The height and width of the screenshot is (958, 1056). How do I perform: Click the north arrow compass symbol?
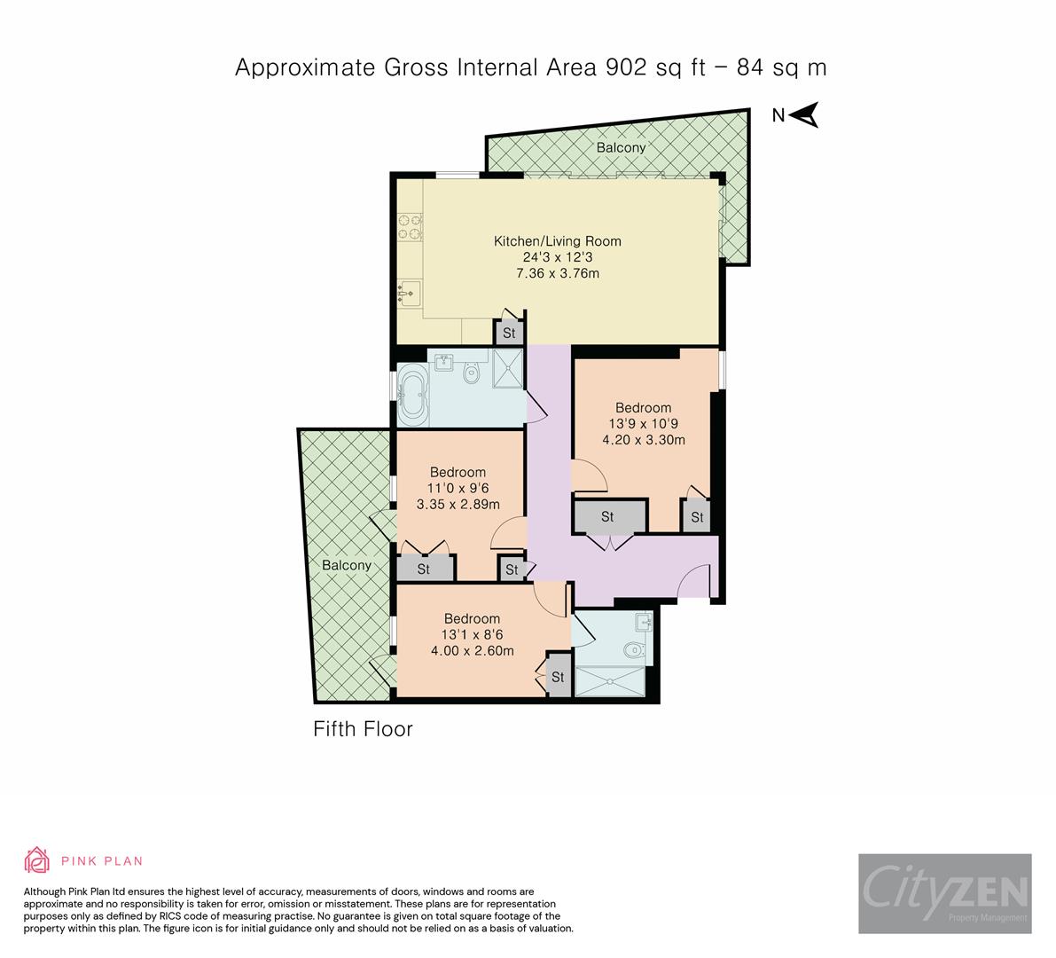(803, 115)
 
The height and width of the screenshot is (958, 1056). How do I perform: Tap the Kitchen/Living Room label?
(557, 241)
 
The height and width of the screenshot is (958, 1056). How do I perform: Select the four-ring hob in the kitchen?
(410, 226)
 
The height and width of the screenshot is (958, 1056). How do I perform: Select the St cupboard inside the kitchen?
(509, 334)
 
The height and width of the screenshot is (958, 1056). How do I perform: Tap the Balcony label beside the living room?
(621, 147)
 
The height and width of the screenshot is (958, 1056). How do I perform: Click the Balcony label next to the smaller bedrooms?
(346, 565)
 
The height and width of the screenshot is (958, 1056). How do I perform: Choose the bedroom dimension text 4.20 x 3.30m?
(645, 439)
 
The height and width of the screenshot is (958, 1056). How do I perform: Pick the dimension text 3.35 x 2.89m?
(458, 504)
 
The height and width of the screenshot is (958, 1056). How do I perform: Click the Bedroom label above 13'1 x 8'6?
(472, 618)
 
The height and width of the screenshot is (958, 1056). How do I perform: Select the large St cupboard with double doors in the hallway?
(608, 516)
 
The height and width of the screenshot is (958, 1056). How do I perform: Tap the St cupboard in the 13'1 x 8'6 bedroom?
(558, 677)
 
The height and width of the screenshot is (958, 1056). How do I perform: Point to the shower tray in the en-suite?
(613, 681)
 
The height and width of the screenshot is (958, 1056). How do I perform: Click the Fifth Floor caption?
(364, 729)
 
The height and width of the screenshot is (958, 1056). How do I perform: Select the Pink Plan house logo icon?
(37, 860)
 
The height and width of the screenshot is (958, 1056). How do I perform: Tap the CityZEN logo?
(944, 893)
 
